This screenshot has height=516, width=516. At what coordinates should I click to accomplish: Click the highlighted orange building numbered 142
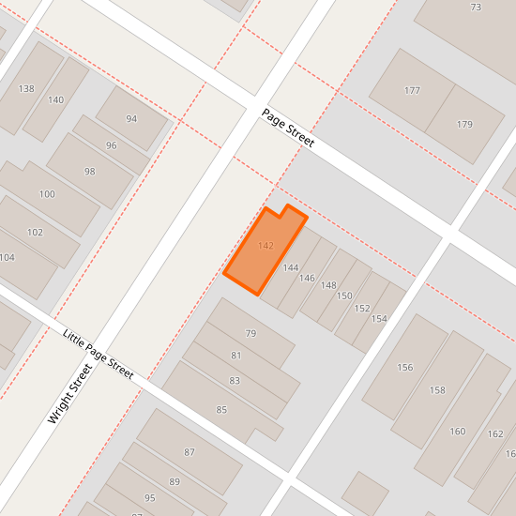tap(265, 248)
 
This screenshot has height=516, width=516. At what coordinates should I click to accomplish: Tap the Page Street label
tap(288, 128)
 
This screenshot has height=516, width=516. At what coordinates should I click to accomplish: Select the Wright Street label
tap(69, 395)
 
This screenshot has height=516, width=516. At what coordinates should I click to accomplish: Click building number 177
tap(412, 91)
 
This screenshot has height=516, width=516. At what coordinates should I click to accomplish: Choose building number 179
tap(464, 125)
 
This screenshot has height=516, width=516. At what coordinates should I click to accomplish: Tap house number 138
tap(26, 89)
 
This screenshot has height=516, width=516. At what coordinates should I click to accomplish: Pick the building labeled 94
tap(131, 119)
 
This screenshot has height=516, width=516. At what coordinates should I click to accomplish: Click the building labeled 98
tap(90, 172)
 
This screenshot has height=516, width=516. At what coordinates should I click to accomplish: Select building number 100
tap(47, 194)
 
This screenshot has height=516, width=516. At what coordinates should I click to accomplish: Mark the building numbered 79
tap(250, 333)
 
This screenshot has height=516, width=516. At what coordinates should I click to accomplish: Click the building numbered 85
tap(221, 410)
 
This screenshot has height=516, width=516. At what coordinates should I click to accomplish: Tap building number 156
tap(405, 367)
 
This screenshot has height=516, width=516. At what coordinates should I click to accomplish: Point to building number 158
tap(437, 389)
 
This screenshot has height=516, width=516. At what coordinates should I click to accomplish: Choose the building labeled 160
tap(458, 432)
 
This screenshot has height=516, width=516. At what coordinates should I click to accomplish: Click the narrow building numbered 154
tap(379, 319)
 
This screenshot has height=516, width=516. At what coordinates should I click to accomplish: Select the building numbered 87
tap(190, 452)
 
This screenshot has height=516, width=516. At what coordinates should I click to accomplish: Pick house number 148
tap(328, 285)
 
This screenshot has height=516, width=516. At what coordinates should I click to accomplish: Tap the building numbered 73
tap(476, 8)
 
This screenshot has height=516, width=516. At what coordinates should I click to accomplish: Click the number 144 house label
tap(291, 268)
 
